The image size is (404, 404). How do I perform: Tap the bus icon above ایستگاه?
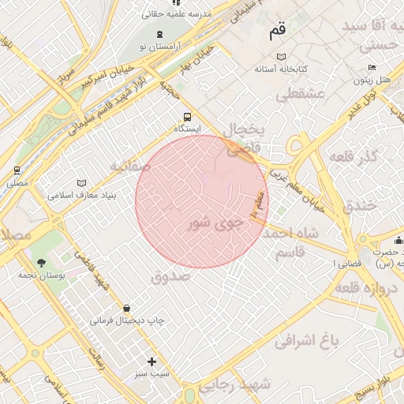pos(187,113)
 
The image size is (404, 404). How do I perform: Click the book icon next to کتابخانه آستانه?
pos(282,57)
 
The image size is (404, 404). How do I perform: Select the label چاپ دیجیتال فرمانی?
pos(126,322)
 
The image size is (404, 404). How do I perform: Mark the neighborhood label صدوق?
pos(170,277)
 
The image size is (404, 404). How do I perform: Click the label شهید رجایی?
pos(234,385)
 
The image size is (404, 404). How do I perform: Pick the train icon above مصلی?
pos(17,170)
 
